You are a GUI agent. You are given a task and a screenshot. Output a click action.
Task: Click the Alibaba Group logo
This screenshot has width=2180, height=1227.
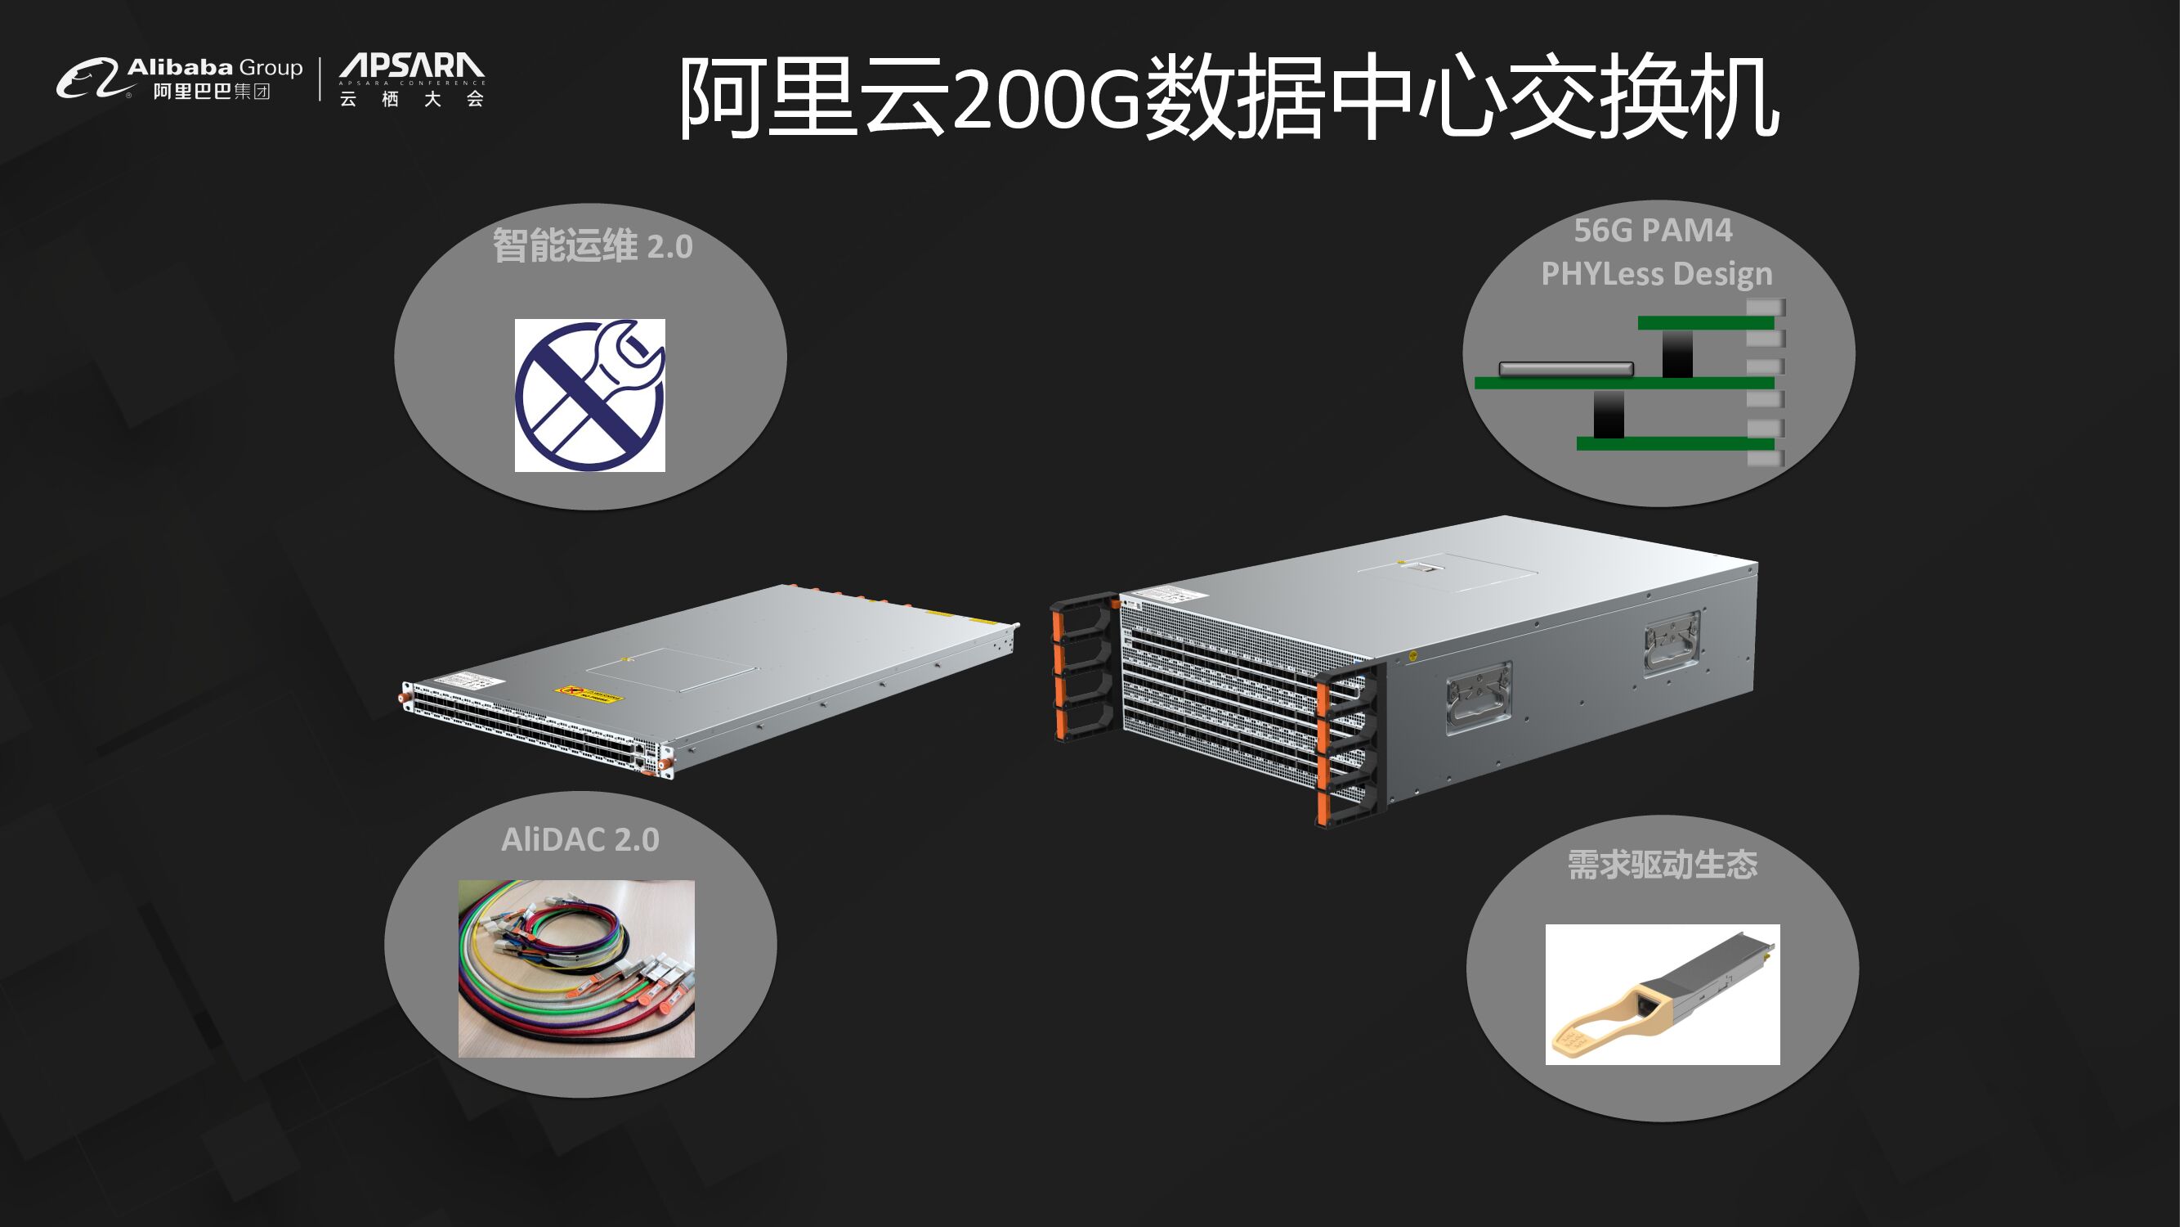coord(179,79)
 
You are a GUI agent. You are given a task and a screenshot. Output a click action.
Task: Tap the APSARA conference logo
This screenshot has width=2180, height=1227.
coord(411,67)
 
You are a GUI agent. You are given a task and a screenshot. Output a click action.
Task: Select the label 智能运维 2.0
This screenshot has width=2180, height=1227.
coord(593,246)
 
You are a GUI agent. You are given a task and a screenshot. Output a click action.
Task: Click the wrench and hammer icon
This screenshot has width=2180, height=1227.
coord(590,394)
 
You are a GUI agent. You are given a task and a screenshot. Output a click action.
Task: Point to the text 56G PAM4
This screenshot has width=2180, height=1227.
coord(1653,231)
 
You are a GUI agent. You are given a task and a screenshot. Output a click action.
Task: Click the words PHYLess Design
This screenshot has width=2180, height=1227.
coord(1656,273)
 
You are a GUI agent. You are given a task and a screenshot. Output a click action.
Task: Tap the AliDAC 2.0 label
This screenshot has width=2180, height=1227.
coord(580,839)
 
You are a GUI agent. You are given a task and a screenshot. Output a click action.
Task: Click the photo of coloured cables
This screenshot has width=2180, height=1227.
coord(576,968)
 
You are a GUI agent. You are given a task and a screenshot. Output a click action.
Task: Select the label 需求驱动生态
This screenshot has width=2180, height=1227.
coord(1662,865)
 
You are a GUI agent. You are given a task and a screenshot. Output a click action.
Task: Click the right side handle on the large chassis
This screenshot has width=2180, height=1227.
coord(1672,643)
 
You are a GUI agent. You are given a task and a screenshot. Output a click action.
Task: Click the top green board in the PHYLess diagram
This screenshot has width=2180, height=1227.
coord(1705,322)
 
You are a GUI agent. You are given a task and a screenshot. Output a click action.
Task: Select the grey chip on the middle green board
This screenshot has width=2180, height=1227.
coord(1565,368)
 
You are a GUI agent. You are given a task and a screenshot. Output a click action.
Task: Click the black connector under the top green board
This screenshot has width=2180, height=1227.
coord(1677,353)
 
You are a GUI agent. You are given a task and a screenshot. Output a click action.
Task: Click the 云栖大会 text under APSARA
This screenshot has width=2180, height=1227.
coord(411,99)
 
